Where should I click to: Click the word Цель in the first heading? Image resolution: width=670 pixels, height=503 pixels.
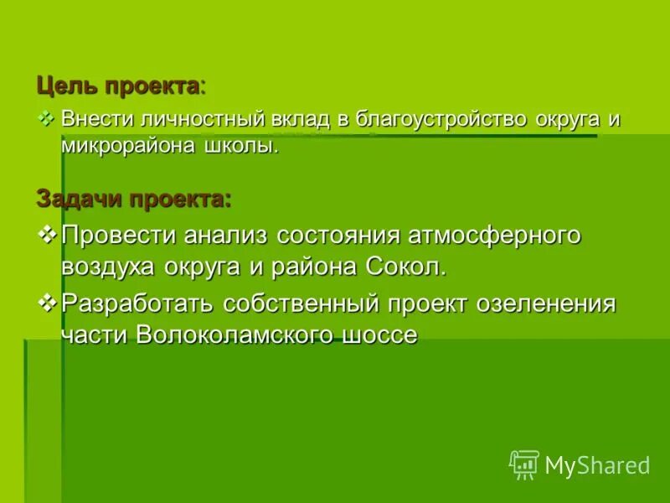pos(60,86)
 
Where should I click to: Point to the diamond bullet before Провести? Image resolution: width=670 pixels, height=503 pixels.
pos(48,235)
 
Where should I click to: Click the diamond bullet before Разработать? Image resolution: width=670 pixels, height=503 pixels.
pos(48,301)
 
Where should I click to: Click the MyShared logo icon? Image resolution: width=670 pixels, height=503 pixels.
pos(524,464)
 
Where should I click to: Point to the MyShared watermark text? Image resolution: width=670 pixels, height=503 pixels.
pos(597,464)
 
